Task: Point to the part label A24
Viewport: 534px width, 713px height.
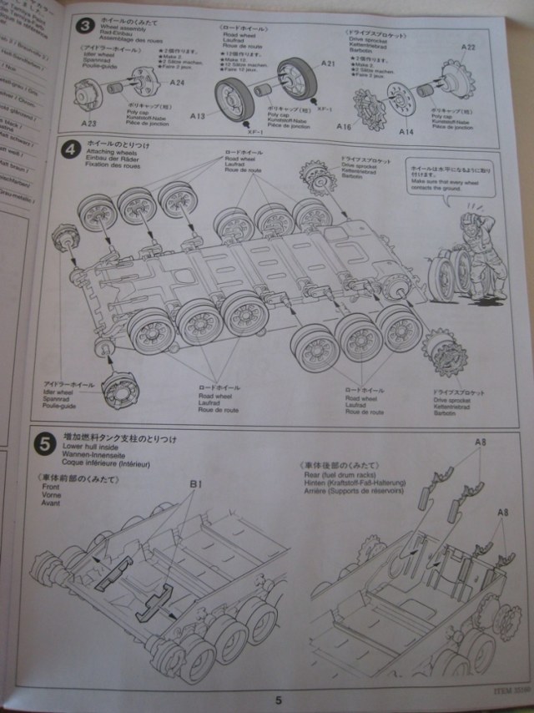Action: tap(177, 82)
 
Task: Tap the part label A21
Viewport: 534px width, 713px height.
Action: tap(327, 64)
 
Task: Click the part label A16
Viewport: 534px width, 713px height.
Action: tap(344, 126)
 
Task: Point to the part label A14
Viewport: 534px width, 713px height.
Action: tap(406, 131)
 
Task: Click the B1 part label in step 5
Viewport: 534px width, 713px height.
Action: tap(197, 483)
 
